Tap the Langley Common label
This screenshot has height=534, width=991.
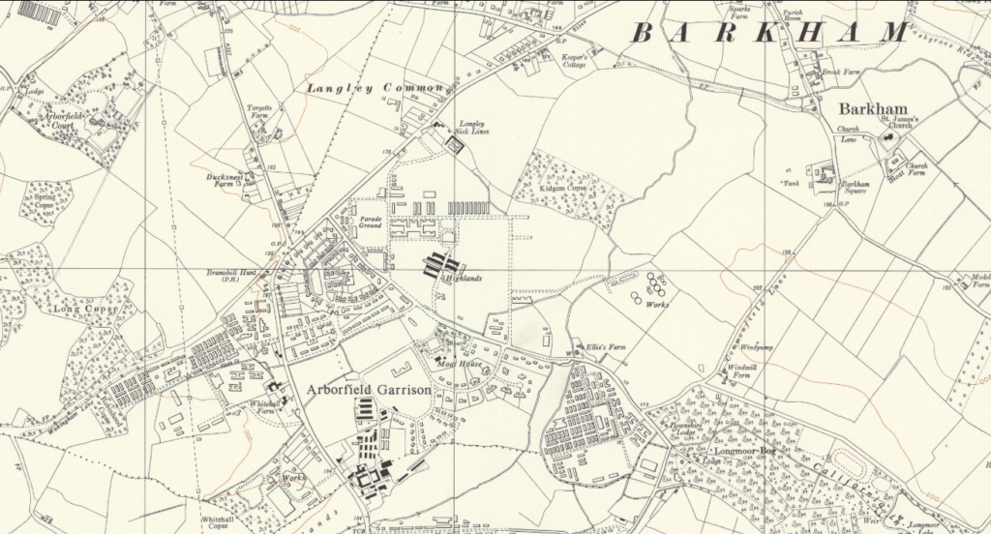(x=375, y=88)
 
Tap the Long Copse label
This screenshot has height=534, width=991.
(x=84, y=310)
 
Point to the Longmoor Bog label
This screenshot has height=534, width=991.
(x=743, y=447)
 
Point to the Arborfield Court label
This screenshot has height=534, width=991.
(x=60, y=121)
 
